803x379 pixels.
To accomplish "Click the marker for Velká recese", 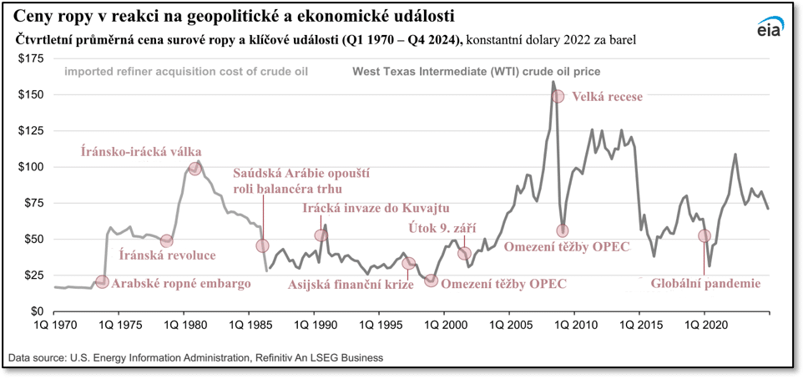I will pyautogui.click(x=558, y=96).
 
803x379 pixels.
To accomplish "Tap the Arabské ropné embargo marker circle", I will pyautogui.click(x=102, y=282).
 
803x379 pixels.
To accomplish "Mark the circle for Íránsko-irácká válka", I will pyautogui.click(x=194, y=169).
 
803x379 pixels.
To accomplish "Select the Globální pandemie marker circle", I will pyautogui.click(x=704, y=236).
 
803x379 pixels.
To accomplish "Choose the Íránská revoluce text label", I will pyautogui.click(x=168, y=255).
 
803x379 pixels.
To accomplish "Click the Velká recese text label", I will pyautogui.click(x=607, y=97).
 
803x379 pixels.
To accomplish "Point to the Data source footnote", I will pyautogui.click(x=195, y=357).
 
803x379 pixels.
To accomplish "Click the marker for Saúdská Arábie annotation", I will pyautogui.click(x=262, y=246).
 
